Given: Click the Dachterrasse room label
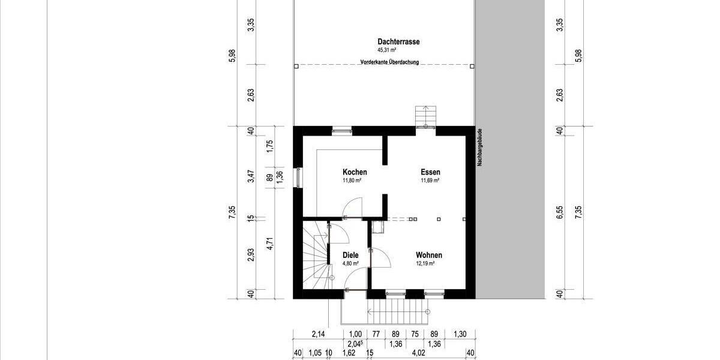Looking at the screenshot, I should [x=398, y=42].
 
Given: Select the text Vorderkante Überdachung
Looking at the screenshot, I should [x=389, y=62].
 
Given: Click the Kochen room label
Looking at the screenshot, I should [x=355, y=172].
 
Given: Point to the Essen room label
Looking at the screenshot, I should [x=430, y=172].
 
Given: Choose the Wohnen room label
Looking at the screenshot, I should [x=429, y=255].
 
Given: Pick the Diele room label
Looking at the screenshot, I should [x=350, y=255].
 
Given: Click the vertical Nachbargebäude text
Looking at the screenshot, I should [x=480, y=148].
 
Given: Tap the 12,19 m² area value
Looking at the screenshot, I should [x=425, y=263].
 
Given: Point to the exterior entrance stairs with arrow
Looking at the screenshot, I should [x=398, y=312].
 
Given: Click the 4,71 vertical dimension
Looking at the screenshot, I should [x=270, y=243].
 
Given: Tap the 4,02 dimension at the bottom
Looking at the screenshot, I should [x=418, y=354].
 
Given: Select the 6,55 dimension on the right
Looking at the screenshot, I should [x=559, y=213].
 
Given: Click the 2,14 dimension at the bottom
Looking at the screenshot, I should [x=318, y=334].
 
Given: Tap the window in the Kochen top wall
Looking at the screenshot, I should [x=343, y=128].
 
